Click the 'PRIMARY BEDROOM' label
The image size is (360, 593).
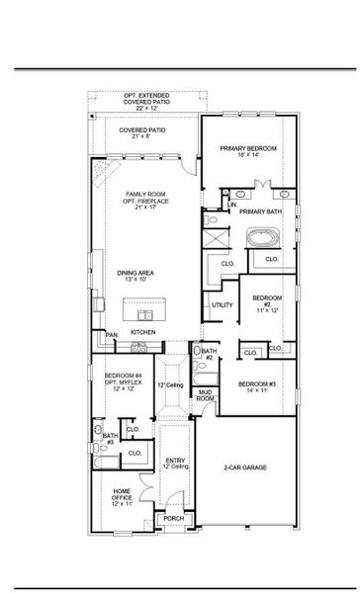[248, 148]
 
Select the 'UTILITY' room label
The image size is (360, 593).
[223, 305]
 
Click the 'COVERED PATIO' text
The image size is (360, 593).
[142, 129]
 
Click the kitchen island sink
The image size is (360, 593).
[105, 302]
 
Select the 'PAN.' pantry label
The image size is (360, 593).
[112, 335]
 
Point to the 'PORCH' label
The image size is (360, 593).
[173, 518]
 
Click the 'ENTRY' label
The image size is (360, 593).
[174, 461]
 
